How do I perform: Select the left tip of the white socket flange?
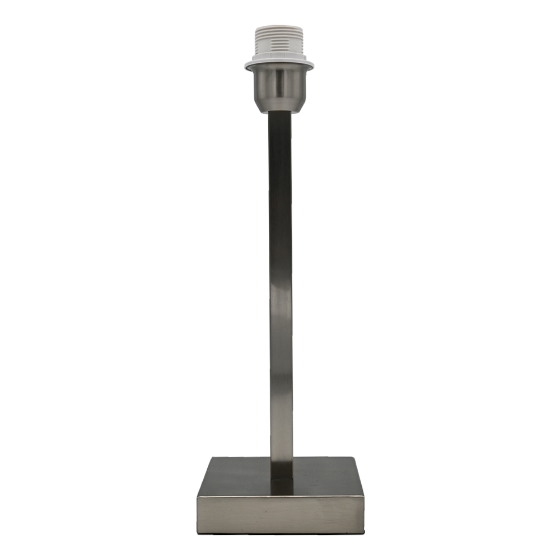tap(246, 66)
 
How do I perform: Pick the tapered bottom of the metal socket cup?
tap(279, 106)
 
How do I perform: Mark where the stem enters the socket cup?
tap(279, 113)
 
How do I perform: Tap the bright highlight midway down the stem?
tap(281, 302)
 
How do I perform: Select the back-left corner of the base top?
tap(212, 458)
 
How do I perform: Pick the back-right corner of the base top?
tap(351, 458)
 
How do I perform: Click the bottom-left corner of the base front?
tap(198, 532)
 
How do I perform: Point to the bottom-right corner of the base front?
tap(363, 532)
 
